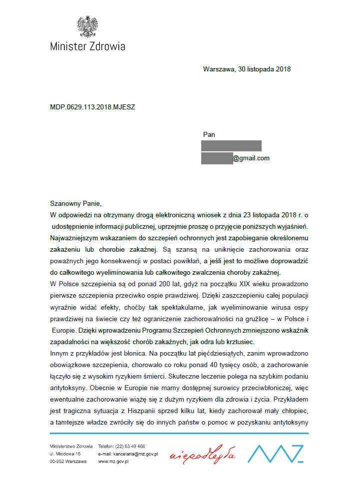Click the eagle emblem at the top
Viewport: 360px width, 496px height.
(x=87, y=26)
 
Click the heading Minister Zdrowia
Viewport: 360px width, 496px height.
(x=87, y=46)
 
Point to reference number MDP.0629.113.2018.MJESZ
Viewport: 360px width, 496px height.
(x=92, y=106)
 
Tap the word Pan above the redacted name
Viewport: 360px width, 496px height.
(x=209, y=134)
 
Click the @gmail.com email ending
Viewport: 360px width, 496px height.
(x=251, y=158)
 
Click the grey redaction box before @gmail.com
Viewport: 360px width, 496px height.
(x=217, y=158)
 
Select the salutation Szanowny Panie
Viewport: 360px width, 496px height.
(x=75, y=203)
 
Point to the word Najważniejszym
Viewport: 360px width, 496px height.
(x=75, y=238)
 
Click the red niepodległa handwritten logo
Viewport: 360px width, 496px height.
(x=202, y=455)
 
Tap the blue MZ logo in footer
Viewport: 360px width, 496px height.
(x=276, y=453)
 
